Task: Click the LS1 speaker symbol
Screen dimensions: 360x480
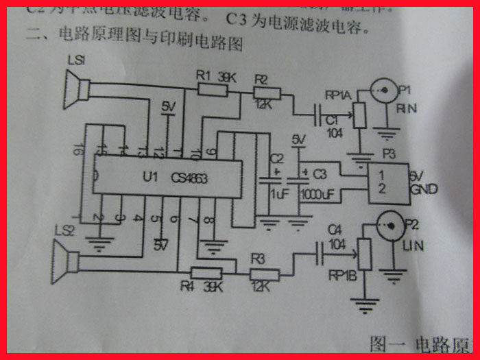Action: click(77, 88)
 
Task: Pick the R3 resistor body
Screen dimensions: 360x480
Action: click(264, 275)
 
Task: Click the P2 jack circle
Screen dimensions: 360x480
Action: click(388, 224)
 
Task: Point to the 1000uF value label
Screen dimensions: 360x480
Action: click(317, 195)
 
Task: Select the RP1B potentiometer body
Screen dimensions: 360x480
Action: click(363, 254)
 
